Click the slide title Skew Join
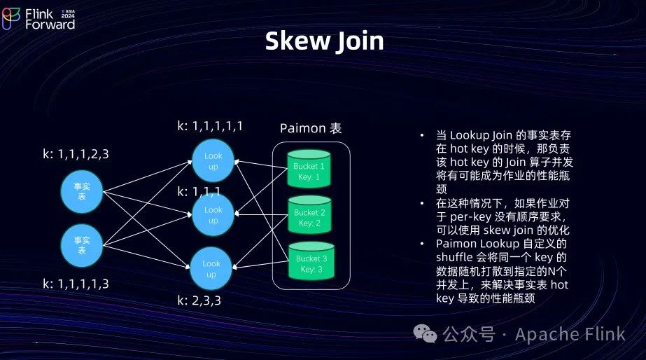(324, 41)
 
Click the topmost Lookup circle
(213, 161)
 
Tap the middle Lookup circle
(213, 215)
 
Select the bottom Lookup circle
(211, 269)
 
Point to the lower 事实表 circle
(82, 245)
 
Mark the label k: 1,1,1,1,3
(76, 284)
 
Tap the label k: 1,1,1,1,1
(210, 126)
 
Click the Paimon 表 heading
(311, 128)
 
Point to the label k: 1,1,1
(199, 191)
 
